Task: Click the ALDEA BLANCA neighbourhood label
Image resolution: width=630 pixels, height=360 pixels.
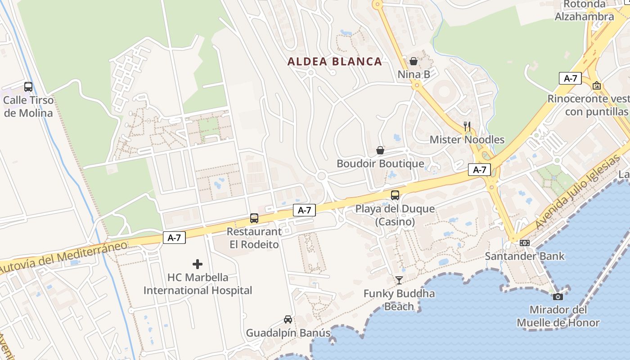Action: pyautogui.click(x=335, y=62)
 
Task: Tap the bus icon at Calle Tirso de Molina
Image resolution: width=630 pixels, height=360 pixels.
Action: pyautogui.click(x=28, y=87)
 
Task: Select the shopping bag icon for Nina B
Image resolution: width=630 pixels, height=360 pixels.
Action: pyautogui.click(x=414, y=61)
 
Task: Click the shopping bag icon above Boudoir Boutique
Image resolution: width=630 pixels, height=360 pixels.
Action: pyautogui.click(x=380, y=150)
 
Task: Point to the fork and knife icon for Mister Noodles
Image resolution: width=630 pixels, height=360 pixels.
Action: pyautogui.click(x=467, y=126)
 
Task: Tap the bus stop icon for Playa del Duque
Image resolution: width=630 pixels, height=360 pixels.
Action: pyautogui.click(x=395, y=195)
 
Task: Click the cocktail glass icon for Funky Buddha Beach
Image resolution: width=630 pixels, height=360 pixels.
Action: pyautogui.click(x=399, y=280)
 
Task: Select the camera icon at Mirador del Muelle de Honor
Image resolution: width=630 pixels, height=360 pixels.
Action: pyautogui.click(x=558, y=296)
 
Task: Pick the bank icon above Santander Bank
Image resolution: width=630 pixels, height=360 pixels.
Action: pyautogui.click(x=525, y=243)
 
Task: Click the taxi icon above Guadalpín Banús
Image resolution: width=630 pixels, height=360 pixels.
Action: pyautogui.click(x=288, y=319)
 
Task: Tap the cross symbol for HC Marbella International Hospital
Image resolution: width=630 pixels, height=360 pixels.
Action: pyautogui.click(x=198, y=264)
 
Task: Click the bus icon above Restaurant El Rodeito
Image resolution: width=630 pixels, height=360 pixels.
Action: pyautogui.click(x=254, y=218)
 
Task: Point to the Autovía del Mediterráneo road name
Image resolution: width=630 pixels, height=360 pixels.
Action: pyautogui.click(x=63, y=257)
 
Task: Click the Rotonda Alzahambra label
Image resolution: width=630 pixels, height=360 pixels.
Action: pyautogui.click(x=584, y=11)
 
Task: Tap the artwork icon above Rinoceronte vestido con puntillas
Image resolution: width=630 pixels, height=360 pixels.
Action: pyautogui.click(x=597, y=85)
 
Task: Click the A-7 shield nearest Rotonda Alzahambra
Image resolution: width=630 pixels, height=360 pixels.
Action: pyautogui.click(x=570, y=78)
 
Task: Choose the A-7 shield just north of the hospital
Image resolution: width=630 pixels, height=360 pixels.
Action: pyautogui.click(x=174, y=238)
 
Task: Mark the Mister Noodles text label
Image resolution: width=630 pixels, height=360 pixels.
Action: pyautogui.click(x=467, y=139)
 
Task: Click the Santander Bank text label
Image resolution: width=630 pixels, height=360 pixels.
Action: pyautogui.click(x=525, y=256)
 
